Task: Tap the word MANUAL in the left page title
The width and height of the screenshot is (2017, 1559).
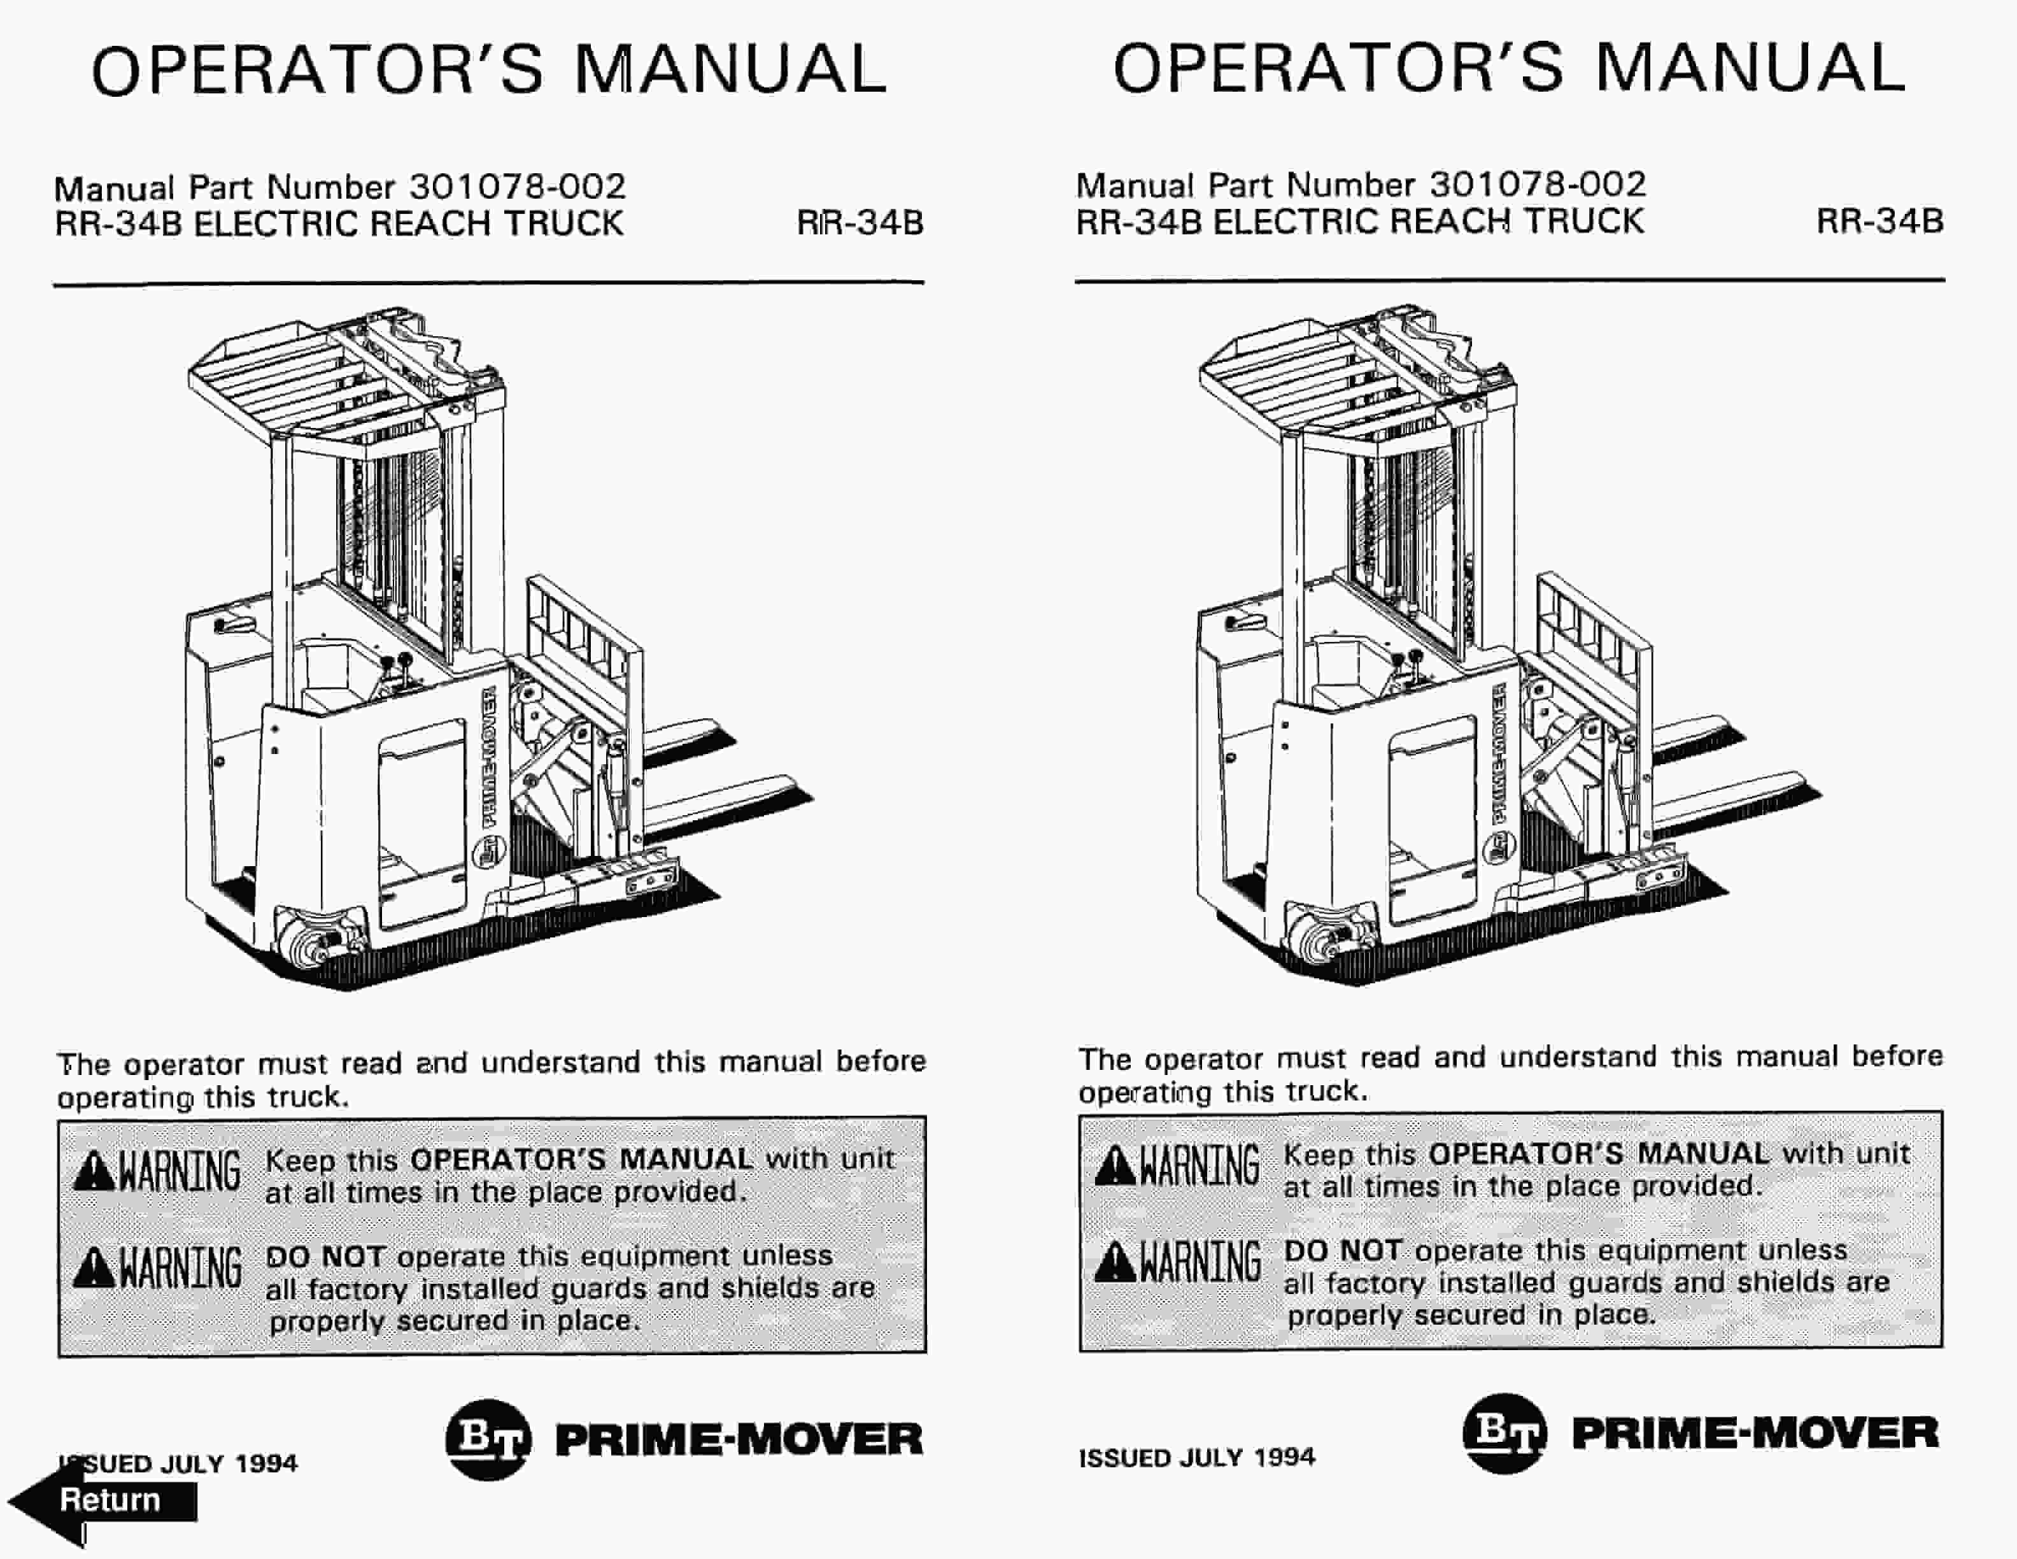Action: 730,69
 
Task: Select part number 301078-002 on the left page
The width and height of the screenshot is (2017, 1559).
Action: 517,187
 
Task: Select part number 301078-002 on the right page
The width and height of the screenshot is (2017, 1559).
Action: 1538,185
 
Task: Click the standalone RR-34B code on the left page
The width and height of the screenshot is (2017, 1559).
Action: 860,224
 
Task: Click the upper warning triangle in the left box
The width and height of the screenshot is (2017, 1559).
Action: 94,1172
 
